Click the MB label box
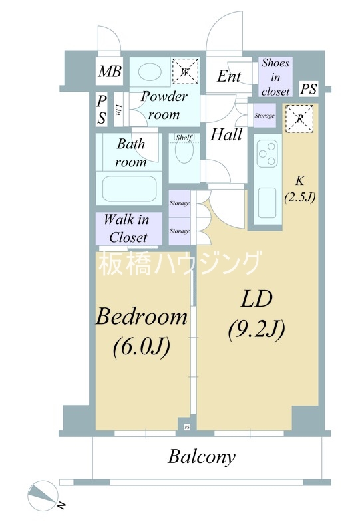tap(110, 72)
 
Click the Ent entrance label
tap(229, 76)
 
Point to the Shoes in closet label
tap(275, 77)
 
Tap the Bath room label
tap(131, 152)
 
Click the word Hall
tap(226, 134)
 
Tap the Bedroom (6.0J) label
tap(142, 331)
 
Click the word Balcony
tap(201, 457)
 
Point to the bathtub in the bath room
tap(130, 189)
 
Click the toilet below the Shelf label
tap(184, 157)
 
